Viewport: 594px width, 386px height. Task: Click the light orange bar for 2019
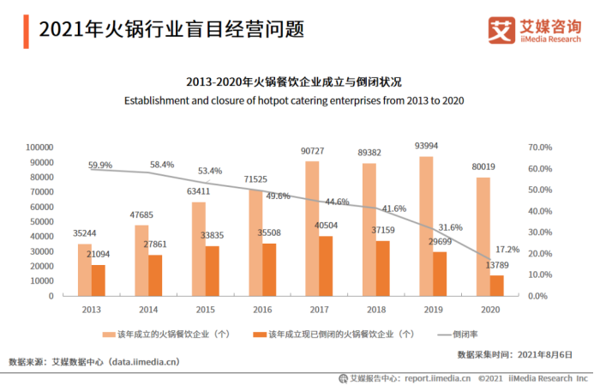pyautogui.click(x=426, y=226)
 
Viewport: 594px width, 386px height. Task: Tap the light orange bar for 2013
pyautogui.click(x=84, y=270)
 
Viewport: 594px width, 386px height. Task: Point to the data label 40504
pyautogui.click(x=327, y=226)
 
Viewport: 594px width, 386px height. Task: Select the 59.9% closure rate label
pyautogui.click(x=100, y=165)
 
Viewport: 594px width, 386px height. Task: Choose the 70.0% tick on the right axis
pyautogui.click(x=539, y=148)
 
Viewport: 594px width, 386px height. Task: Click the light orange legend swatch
pyautogui.click(x=109, y=334)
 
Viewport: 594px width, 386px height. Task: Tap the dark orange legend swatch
pyautogui.click(x=259, y=334)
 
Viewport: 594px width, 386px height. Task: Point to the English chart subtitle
pyautogui.click(x=294, y=100)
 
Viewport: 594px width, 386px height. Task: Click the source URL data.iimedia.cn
pyautogui.click(x=144, y=362)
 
